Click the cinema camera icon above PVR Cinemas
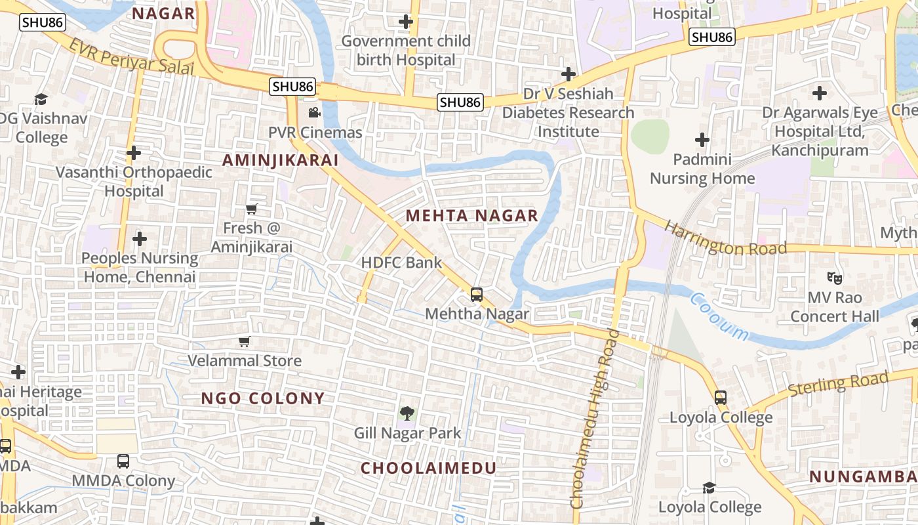(314, 112)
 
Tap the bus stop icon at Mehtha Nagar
(477, 295)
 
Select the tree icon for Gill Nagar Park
(407, 413)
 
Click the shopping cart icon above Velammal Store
(245, 341)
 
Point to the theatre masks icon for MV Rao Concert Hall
(834, 278)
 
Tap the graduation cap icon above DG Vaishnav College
(41, 99)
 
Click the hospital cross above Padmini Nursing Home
(702, 140)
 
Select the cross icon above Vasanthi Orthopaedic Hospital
(134, 153)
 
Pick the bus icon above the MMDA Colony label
(123, 461)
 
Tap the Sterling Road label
(838, 383)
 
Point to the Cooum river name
(719, 317)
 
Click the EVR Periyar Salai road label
(132, 56)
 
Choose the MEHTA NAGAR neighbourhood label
(471, 215)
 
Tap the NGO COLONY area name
(262, 398)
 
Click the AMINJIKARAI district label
(280, 160)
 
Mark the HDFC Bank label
(401, 263)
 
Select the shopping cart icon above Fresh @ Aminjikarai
(251, 209)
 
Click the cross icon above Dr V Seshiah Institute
(569, 74)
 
